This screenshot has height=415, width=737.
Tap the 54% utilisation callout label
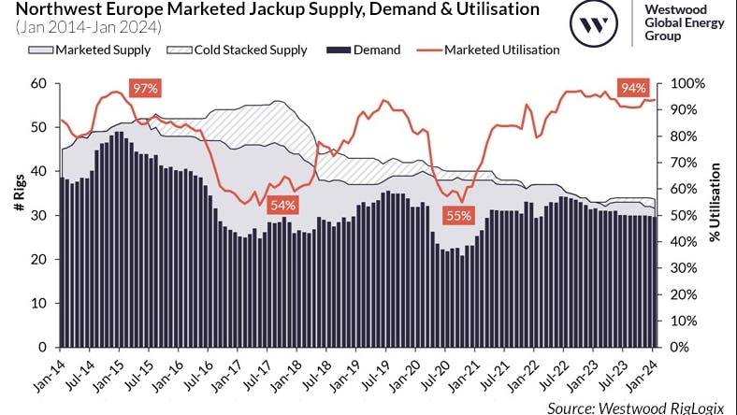point(283,205)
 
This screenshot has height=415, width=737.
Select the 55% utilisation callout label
point(458,216)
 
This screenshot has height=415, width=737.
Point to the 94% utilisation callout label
point(634,89)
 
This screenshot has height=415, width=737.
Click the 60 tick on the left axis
point(39,83)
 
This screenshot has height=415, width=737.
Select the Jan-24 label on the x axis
point(646,372)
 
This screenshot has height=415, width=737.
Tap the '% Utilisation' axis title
point(715,215)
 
